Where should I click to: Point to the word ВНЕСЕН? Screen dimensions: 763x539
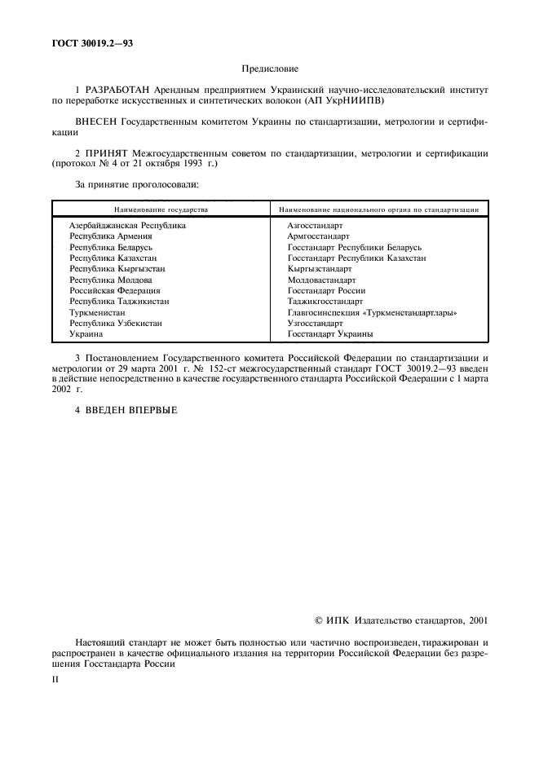pyautogui.click(x=96, y=122)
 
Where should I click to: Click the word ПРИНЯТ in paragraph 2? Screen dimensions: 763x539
pyautogui.click(x=107, y=152)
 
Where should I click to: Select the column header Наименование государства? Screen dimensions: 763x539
pyautogui.click(x=161, y=209)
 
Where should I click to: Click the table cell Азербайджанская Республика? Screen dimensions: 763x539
pyautogui.click(x=127, y=224)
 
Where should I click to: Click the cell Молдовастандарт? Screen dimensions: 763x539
pyautogui.click(x=322, y=280)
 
